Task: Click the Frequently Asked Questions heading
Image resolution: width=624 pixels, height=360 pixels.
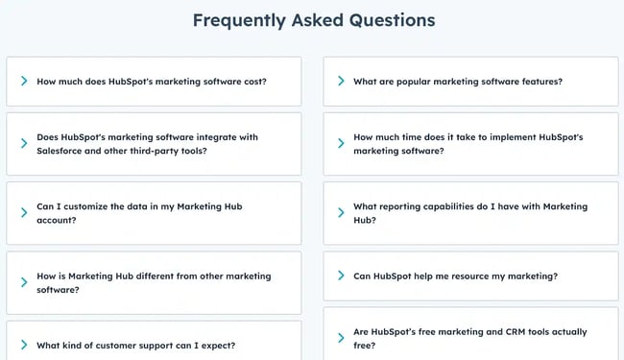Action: pos(313,20)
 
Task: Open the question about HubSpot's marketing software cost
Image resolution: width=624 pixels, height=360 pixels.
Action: pos(152,82)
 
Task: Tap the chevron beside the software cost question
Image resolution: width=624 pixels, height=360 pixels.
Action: pos(22,82)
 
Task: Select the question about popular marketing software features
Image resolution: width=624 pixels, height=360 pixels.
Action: pos(458,82)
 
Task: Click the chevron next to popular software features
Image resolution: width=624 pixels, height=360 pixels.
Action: pos(340,82)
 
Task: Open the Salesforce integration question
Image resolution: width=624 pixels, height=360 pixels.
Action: pos(147,144)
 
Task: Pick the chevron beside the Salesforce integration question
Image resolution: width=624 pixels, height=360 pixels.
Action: pos(22,144)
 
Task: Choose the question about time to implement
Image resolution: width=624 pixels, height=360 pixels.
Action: pos(468,144)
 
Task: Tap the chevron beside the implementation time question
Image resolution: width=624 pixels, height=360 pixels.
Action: pos(340,144)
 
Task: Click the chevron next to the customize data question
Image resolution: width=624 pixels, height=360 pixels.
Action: pos(22,213)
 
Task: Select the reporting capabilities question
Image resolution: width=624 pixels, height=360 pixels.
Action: pos(470,213)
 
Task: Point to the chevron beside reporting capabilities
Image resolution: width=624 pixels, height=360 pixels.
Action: pos(340,213)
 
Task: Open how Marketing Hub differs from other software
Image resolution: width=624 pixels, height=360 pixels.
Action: pos(154,282)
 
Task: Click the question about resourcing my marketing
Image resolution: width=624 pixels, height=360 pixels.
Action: pos(455,276)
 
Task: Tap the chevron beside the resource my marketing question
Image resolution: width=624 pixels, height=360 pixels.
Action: pos(340,276)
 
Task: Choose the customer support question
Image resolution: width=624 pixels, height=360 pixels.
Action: pos(135,345)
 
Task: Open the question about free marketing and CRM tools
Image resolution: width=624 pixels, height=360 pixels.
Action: pos(469,338)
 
